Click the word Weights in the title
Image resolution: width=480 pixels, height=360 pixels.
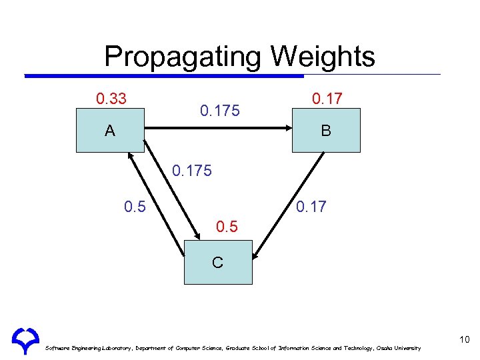[x=323, y=57]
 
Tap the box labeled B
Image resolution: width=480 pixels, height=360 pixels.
[x=326, y=131]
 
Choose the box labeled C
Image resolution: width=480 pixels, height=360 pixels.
[x=218, y=262]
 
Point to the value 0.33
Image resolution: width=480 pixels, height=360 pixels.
[x=111, y=99]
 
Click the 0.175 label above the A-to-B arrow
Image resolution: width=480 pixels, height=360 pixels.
[x=219, y=111]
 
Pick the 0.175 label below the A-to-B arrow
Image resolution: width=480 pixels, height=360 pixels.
[x=191, y=171]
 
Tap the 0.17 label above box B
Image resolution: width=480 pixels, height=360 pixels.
[x=327, y=99]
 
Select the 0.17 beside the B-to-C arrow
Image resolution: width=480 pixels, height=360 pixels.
[x=311, y=207]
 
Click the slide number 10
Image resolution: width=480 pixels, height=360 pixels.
[x=464, y=340]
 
